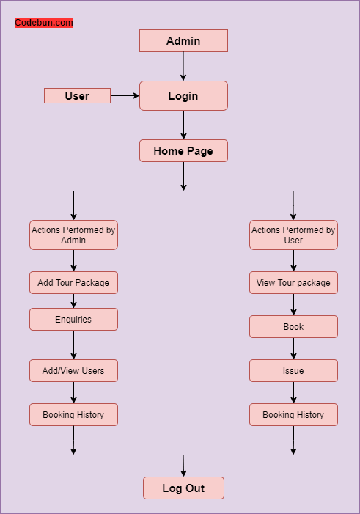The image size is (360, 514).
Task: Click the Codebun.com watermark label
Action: pyautogui.click(x=44, y=23)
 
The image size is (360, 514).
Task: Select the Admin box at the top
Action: pyautogui.click(x=183, y=41)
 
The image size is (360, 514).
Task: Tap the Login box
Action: pyautogui.click(x=183, y=96)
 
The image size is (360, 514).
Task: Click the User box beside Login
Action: pyautogui.click(x=77, y=96)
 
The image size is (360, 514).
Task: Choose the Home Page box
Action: pyautogui.click(x=183, y=151)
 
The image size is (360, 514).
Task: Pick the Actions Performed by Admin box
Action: pyautogui.click(x=73, y=235)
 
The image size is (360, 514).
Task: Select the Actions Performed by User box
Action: pyautogui.click(x=293, y=235)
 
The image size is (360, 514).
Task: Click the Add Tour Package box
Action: pyautogui.click(x=73, y=283)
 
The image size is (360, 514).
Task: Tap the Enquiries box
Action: pyautogui.click(x=73, y=320)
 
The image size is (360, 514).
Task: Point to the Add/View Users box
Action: pyautogui.click(x=73, y=371)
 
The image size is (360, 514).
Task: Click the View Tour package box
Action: pyautogui.click(x=293, y=283)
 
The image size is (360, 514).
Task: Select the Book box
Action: pyautogui.click(x=293, y=327)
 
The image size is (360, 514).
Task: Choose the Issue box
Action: pyautogui.click(x=293, y=371)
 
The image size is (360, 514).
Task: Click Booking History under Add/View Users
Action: pyautogui.click(x=73, y=415)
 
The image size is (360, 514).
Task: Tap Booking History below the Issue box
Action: pyautogui.click(x=293, y=415)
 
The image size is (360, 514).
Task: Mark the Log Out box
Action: pyautogui.click(x=183, y=488)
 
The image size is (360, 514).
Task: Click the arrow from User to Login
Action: pyautogui.click(x=125, y=96)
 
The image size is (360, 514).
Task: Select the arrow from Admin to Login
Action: pyautogui.click(x=183, y=66)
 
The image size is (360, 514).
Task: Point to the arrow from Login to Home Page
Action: pyautogui.click(x=183, y=125)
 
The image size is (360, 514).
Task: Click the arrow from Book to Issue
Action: pyautogui.click(x=293, y=349)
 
